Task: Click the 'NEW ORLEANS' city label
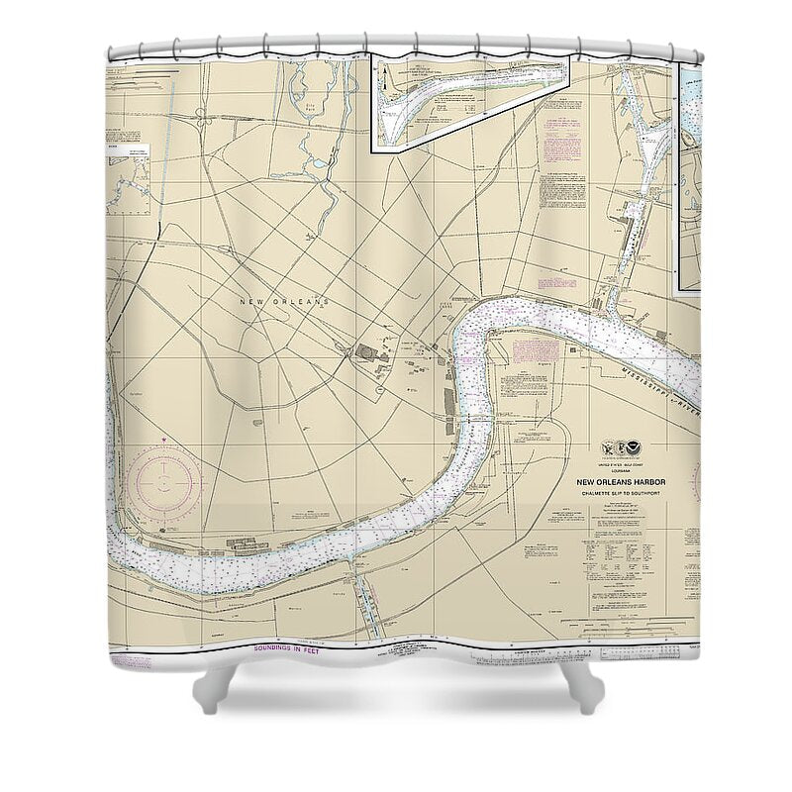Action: [284, 300]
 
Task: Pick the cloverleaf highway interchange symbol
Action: [202, 120]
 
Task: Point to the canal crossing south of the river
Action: [367, 604]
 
